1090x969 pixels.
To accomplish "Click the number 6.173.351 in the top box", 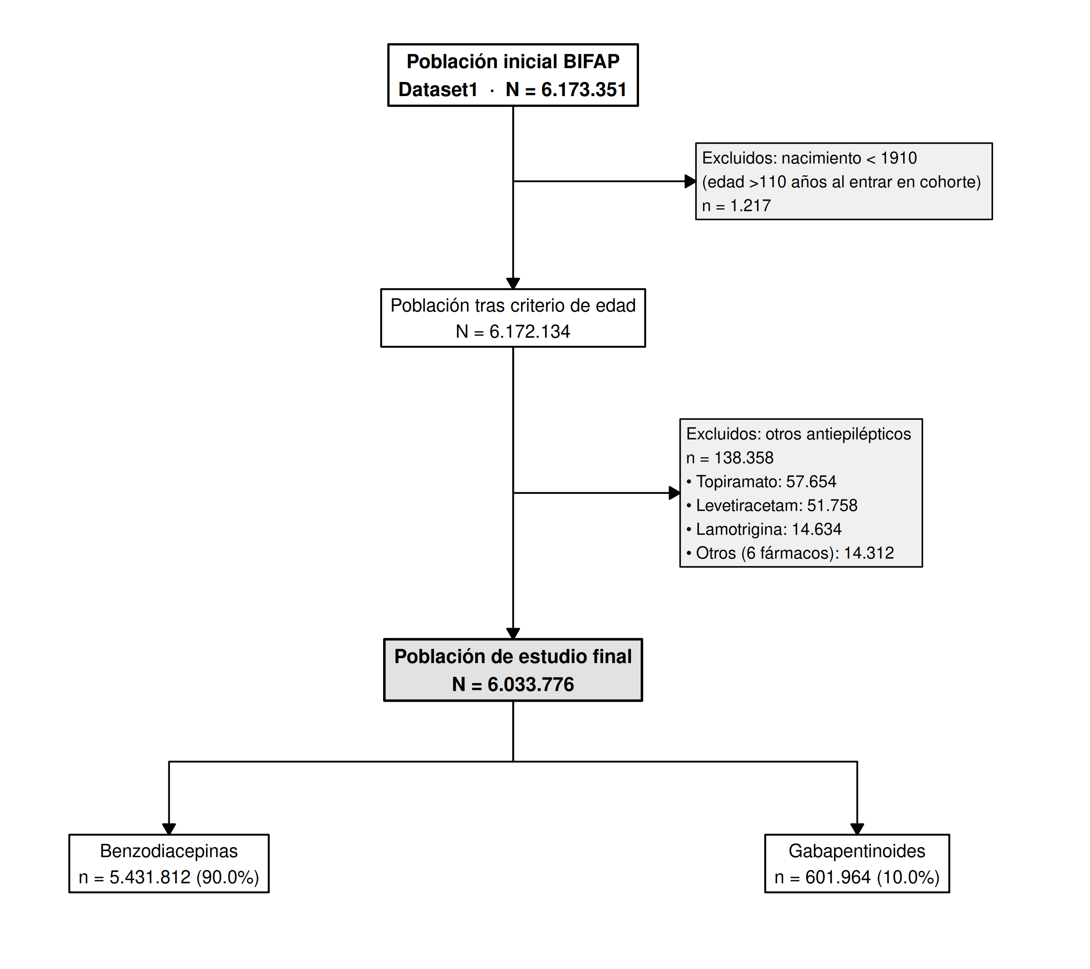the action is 584,90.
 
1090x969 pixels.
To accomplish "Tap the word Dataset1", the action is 438,90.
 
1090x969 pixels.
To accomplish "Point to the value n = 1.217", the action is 736,206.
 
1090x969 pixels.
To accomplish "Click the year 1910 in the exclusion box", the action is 899,158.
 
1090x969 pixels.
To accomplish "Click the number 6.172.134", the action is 530,332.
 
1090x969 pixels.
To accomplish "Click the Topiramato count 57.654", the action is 811,482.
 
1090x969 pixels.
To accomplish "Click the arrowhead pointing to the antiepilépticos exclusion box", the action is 675,493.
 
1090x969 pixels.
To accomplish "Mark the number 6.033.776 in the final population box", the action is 530,684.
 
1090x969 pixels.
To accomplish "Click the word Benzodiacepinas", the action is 169,851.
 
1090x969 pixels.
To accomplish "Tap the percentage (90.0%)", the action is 228,877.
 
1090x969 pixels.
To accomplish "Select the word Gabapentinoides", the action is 857,851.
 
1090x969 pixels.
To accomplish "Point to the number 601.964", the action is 838,877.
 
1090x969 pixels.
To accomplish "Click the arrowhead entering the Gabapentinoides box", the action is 857,829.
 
